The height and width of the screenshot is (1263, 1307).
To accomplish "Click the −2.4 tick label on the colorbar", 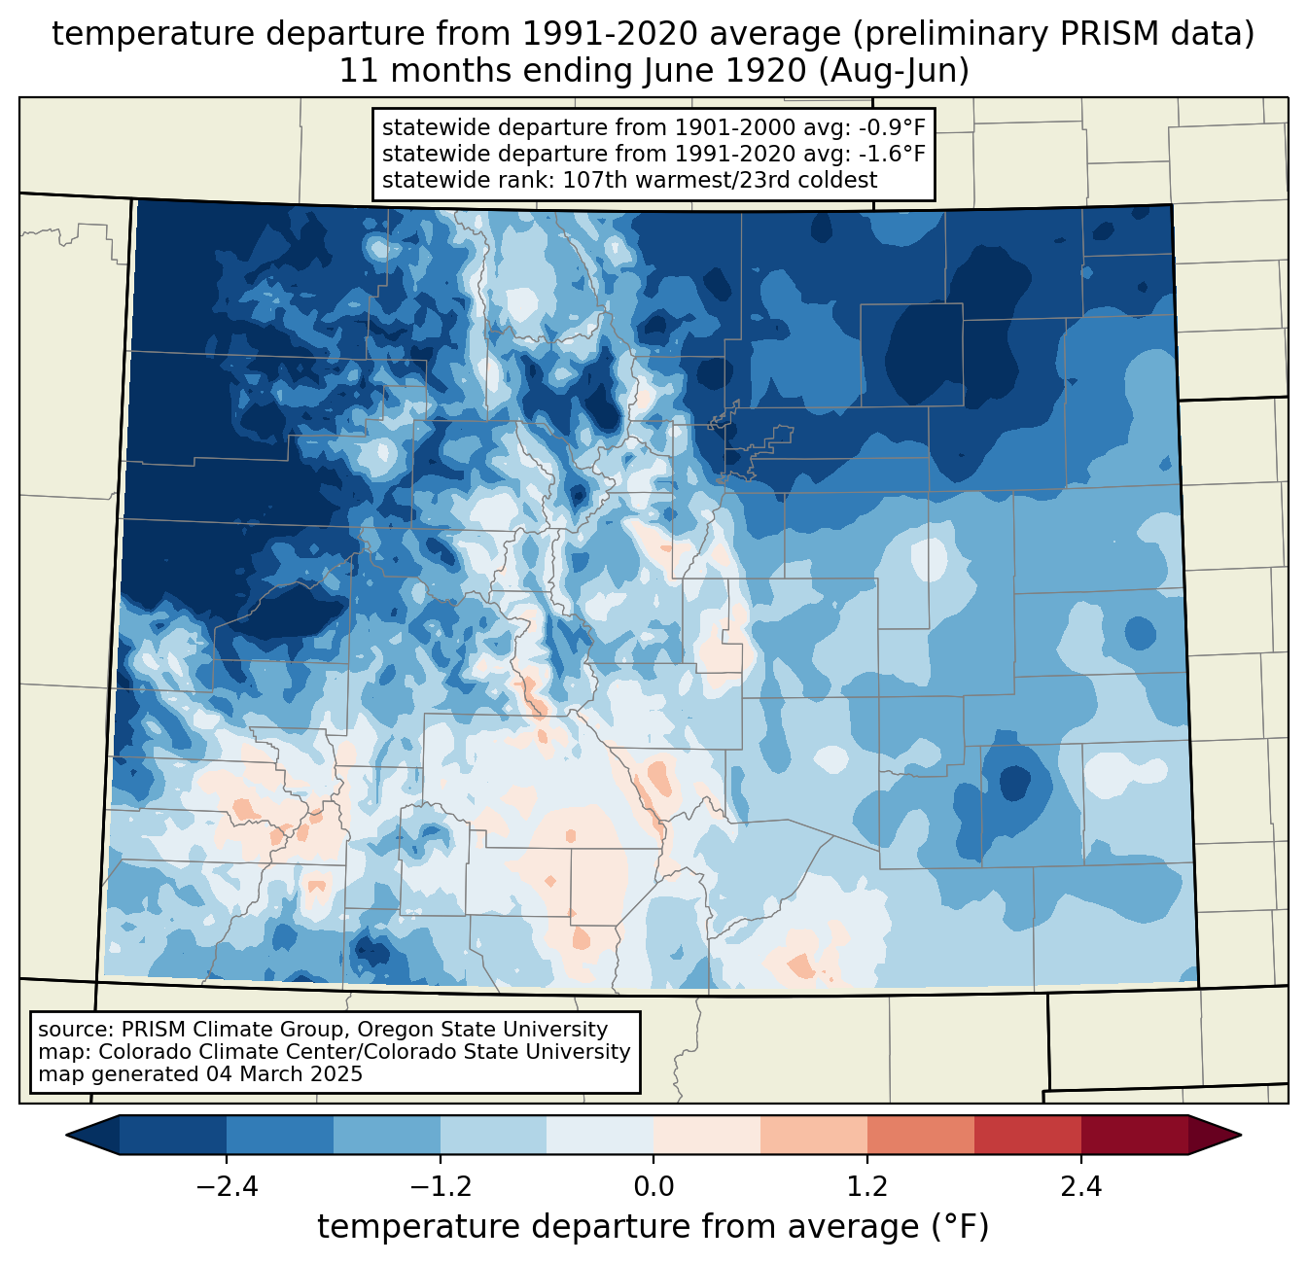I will (227, 1187).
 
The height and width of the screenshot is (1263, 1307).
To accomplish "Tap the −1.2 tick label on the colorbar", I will (440, 1187).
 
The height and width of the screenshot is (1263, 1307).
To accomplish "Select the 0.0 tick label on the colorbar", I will (653, 1187).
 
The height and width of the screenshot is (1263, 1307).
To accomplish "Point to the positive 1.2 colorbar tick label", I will (867, 1187).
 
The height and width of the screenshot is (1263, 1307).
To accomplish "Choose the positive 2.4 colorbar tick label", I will (1080, 1187).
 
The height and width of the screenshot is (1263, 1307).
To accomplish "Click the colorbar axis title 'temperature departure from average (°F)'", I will (653, 1227).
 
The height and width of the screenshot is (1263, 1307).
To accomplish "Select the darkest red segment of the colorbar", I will (1134, 1135).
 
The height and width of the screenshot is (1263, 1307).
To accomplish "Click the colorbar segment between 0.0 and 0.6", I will (707, 1135).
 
